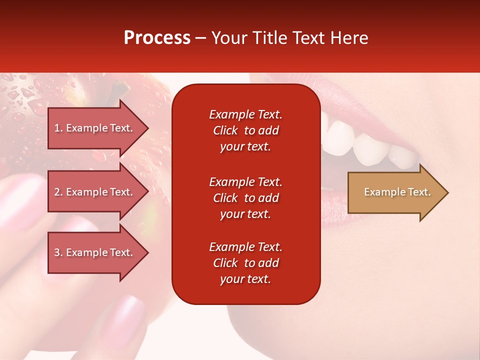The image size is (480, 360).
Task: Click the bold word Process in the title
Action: pyautogui.click(x=157, y=38)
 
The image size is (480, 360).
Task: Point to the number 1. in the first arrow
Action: pyautogui.click(x=58, y=128)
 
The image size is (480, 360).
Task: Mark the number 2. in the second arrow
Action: pyautogui.click(x=58, y=192)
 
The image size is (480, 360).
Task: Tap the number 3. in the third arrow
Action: pyautogui.click(x=58, y=252)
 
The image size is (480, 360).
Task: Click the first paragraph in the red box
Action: pyautogui.click(x=245, y=130)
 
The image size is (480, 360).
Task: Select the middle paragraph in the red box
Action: pyautogui.click(x=245, y=197)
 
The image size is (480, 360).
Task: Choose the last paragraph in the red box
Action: pyautogui.click(x=245, y=263)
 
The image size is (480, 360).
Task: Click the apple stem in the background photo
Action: pyautogui.click(x=120, y=90)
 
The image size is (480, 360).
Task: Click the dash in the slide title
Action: pyautogui.click(x=201, y=38)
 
